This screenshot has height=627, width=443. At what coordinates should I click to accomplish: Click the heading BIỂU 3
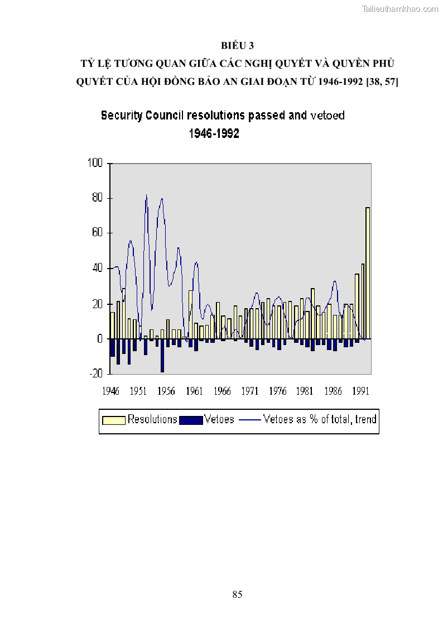(237, 45)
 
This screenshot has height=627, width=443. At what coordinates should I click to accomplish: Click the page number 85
(237, 595)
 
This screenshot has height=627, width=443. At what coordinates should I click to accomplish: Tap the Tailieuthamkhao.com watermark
(400, 8)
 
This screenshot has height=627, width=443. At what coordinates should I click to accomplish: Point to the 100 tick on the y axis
(95, 163)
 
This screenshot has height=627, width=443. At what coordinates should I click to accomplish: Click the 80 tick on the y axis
(98, 198)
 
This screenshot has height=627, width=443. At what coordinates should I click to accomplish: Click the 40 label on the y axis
(98, 269)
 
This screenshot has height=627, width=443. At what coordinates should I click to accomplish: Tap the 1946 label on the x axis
(110, 391)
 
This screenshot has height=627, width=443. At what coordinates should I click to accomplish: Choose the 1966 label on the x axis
(222, 391)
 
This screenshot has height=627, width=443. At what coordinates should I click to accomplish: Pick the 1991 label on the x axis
(362, 391)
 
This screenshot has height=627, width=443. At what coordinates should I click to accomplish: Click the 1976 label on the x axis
(278, 391)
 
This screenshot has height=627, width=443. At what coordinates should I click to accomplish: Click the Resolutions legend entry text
(152, 419)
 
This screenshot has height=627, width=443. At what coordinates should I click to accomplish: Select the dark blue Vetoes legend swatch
(191, 420)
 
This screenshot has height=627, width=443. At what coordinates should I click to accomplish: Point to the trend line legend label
(320, 419)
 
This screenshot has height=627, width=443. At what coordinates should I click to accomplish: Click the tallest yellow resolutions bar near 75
(368, 273)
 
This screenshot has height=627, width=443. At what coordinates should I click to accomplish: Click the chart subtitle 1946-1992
(214, 134)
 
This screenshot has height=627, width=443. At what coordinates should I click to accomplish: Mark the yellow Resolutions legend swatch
(113, 420)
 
